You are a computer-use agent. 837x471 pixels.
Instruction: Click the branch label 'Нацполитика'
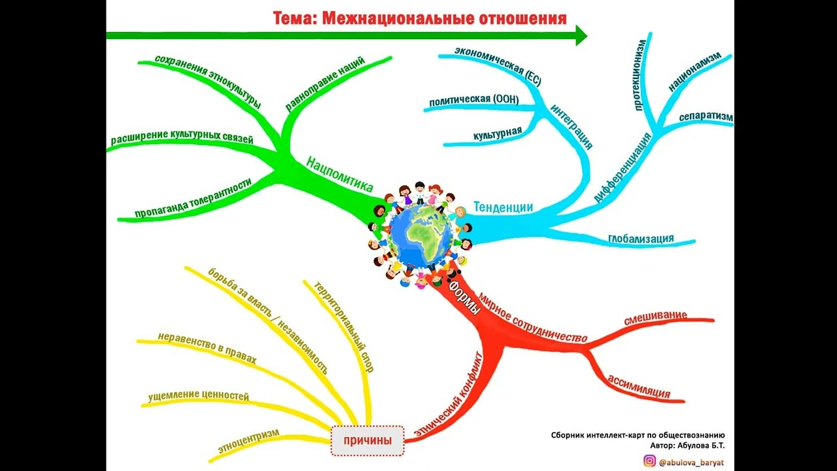click(339, 173)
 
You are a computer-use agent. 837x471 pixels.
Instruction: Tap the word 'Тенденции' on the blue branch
click(503, 207)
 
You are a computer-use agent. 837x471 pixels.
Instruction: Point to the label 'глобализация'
click(641, 238)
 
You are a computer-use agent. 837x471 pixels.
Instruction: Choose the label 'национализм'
click(694, 71)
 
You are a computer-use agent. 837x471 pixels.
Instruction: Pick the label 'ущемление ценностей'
click(199, 396)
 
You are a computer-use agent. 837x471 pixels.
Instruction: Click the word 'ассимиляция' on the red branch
click(639, 387)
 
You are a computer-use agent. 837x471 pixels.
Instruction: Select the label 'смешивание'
click(655, 318)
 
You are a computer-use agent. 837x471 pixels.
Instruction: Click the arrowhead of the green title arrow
click(581, 35)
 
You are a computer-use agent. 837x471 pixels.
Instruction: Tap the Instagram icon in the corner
click(649, 461)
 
